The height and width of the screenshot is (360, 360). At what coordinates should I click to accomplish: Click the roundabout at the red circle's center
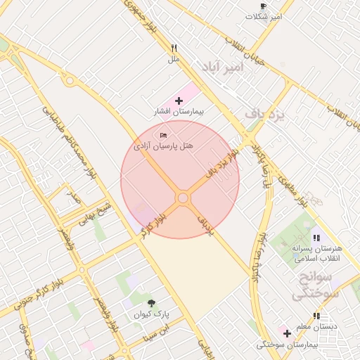183,198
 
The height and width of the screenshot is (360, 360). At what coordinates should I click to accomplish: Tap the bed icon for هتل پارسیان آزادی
164,134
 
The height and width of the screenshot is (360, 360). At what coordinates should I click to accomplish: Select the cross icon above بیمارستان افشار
179,101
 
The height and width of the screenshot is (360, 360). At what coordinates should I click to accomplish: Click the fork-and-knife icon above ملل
174,49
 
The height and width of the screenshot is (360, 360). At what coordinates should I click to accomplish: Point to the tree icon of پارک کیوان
152,303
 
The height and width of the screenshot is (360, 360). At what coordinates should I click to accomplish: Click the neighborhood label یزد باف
266,113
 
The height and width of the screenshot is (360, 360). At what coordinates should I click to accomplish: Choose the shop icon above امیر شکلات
264,6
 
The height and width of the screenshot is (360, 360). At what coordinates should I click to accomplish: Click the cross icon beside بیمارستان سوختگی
287,333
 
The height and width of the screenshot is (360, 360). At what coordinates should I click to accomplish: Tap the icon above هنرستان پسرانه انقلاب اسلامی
316,238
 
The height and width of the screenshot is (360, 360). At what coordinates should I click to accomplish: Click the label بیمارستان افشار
179,112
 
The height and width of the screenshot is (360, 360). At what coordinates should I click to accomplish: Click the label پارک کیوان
152,314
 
